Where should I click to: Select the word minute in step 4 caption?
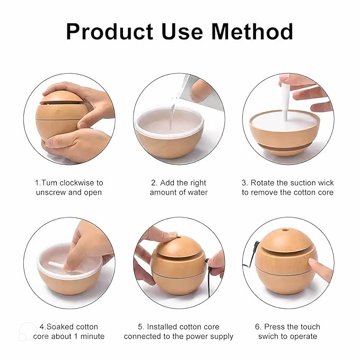91,336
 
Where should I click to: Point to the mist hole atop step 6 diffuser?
286,232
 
